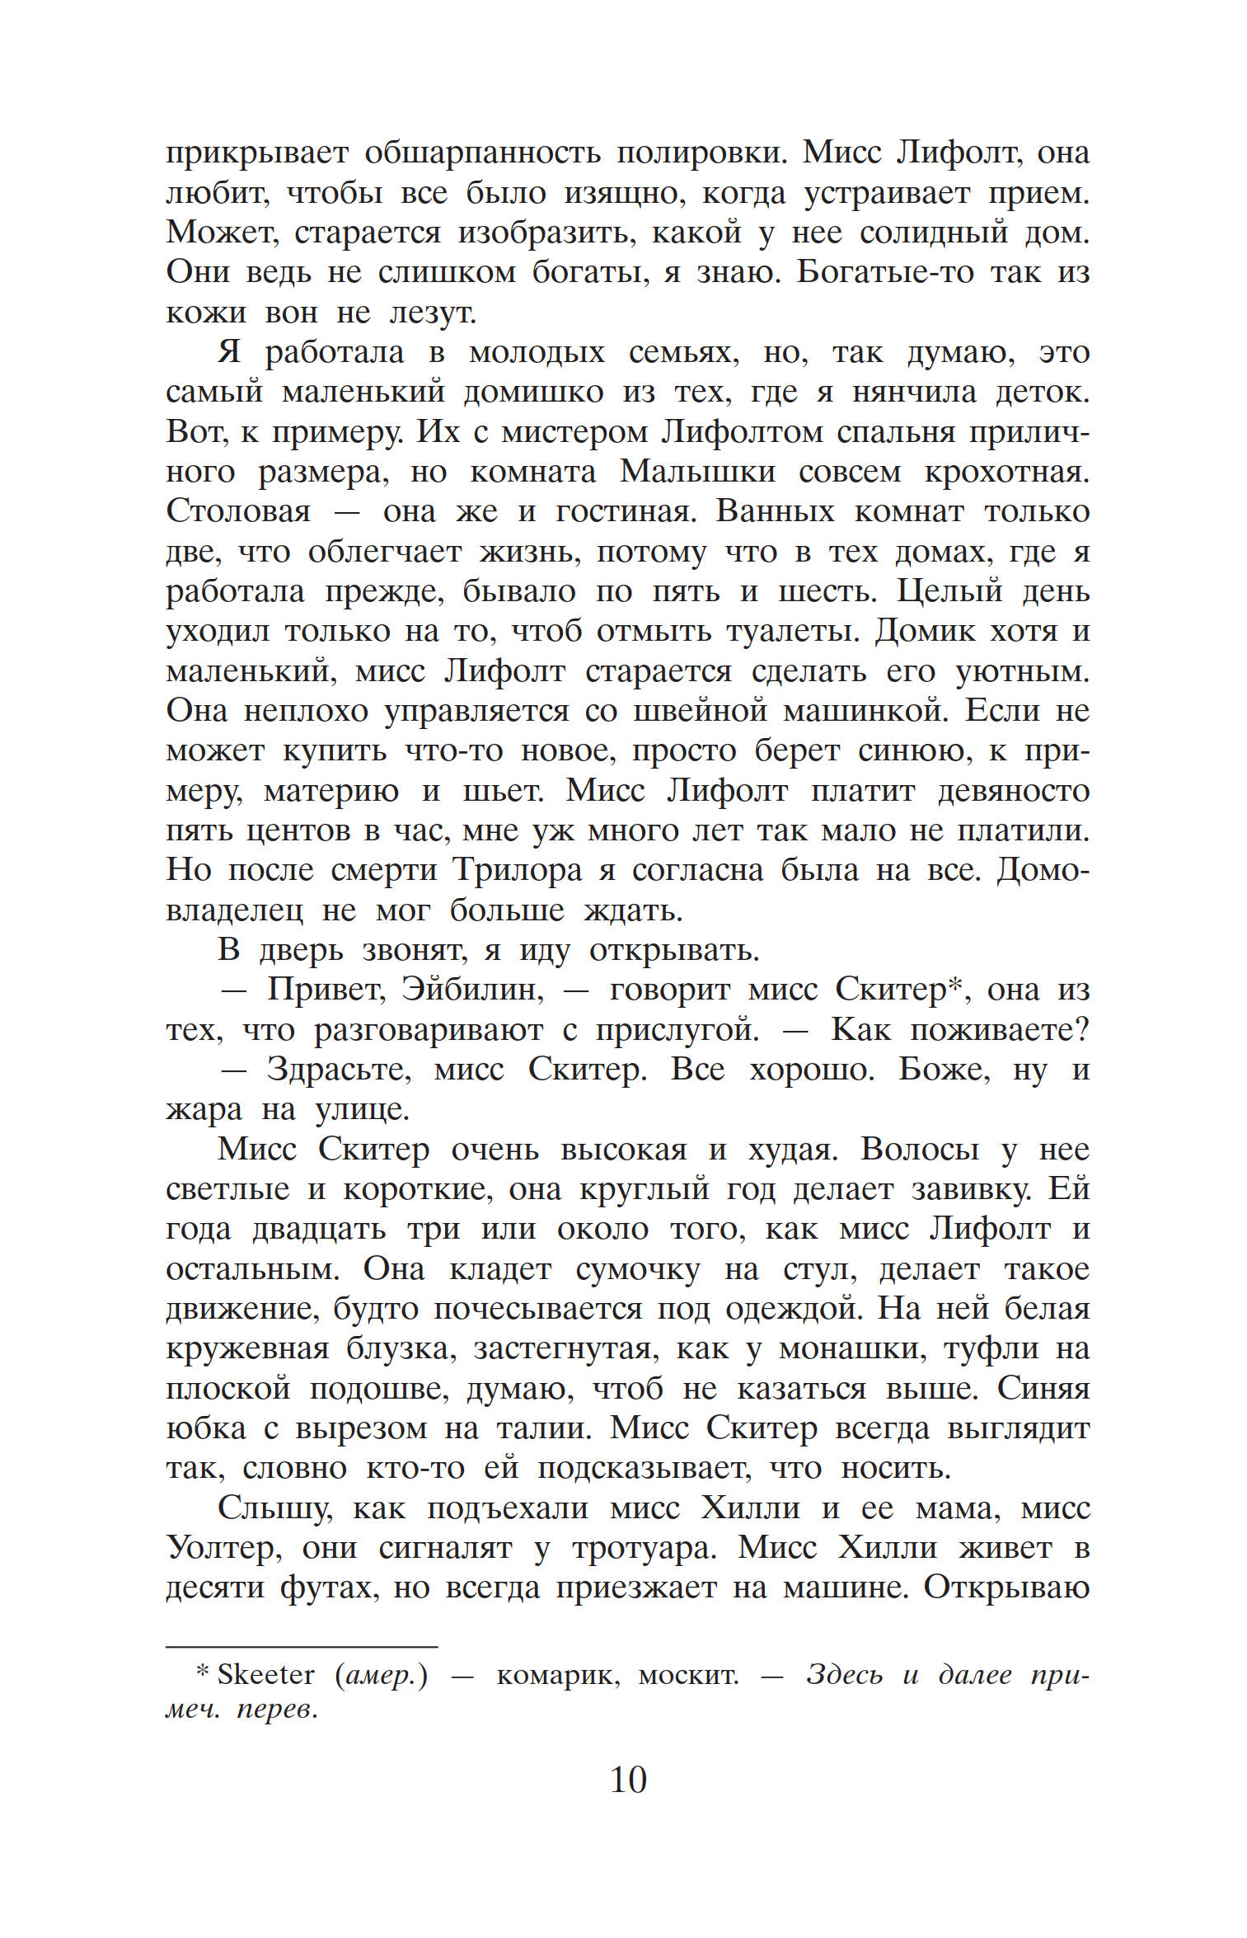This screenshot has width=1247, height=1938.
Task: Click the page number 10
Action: pyautogui.click(x=628, y=1780)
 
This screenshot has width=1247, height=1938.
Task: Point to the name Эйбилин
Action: pyautogui.click(x=473, y=989)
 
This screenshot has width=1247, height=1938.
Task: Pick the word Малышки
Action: pyautogui.click(x=697, y=471)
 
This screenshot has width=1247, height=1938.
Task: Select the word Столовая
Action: pyautogui.click(x=239, y=511)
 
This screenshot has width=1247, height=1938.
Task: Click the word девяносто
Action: pyautogui.click(x=1014, y=791)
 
